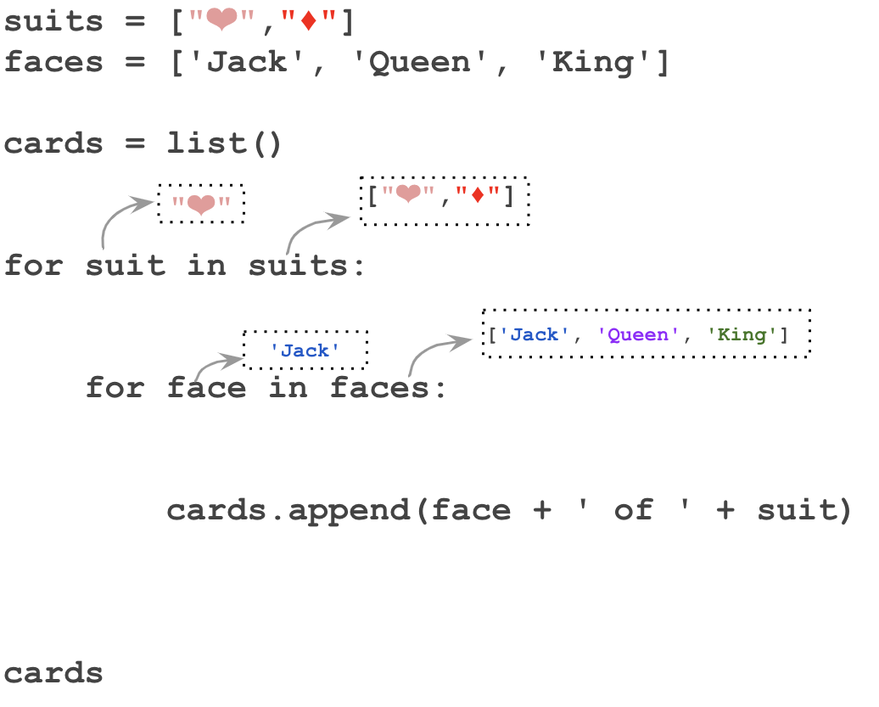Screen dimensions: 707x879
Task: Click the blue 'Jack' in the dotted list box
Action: tap(534, 334)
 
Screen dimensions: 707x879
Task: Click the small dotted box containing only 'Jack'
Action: tap(305, 350)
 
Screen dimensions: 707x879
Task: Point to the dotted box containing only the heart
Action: tap(201, 204)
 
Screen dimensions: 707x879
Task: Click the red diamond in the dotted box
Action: tap(477, 197)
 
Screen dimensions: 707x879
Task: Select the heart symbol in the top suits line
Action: tap(220, 21)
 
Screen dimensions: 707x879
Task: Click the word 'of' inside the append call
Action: tap(633, 510)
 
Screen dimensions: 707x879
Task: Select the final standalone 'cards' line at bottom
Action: tap(53, 673)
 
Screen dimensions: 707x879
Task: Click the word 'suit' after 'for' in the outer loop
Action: tap(126, 266)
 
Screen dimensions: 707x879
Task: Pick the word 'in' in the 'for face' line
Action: tap(289, 388)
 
